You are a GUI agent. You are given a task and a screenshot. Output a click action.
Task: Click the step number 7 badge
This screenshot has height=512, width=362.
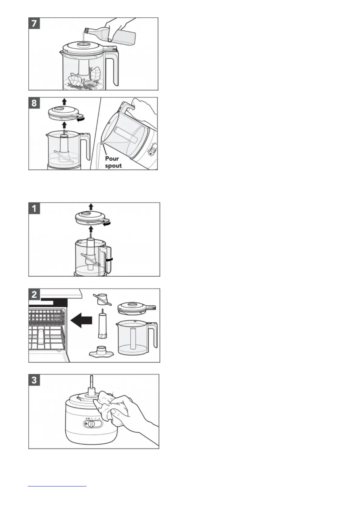coord(34,23)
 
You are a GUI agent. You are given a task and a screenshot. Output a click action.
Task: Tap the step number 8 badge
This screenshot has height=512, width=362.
coord(34,103)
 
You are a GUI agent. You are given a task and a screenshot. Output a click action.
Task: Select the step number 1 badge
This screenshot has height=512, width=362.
coord(34,209)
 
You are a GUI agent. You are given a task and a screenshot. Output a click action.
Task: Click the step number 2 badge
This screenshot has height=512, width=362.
coord(34,294)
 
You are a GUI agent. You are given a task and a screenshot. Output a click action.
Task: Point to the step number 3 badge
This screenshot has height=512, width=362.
coord(34,380)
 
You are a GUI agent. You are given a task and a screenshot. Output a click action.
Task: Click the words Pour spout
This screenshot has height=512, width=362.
coord(113,162)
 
